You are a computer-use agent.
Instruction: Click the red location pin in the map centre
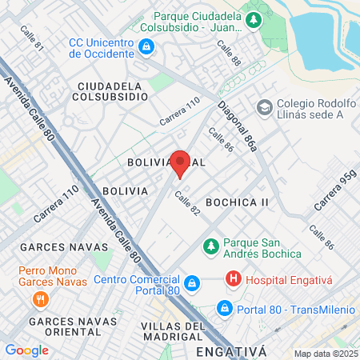[x=180, y=162]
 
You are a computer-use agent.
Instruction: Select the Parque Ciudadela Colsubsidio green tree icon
[x=254, y=20]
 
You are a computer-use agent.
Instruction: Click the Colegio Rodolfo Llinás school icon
[x=264, y=106]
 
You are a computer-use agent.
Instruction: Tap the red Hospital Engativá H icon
[x=233, y=279]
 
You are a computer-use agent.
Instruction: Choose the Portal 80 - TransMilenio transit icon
[x=225, y=308]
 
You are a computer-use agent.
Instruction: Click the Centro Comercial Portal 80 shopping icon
[x=191, y=284]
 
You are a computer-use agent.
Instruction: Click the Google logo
[x=26, y=350]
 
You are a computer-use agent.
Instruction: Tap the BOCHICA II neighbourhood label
[x=237, y=202]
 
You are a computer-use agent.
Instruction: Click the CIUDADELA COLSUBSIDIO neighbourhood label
[x=113, y=90]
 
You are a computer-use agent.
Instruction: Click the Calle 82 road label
[x=186, y=204]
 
